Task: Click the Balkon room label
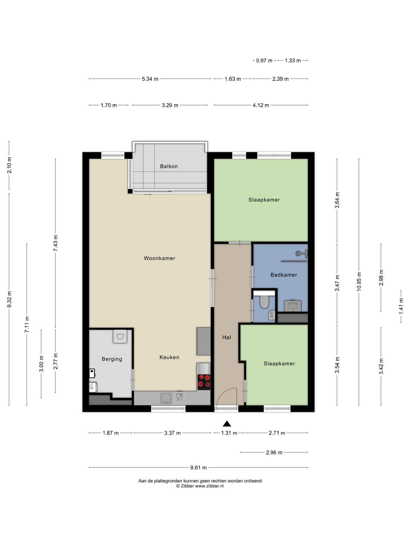[169, 166]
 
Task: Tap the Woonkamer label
[159, 258]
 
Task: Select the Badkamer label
[284, 275]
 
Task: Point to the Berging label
[112, 359]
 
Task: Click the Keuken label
[169, 357]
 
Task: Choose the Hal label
[227, 337]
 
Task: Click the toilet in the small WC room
[264, 301]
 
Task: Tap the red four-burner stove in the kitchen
[204, 382]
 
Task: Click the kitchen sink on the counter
[166, 398]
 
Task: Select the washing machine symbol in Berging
[120, 336]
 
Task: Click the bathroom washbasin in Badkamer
[293, 306]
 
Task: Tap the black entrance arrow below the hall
[227, 423]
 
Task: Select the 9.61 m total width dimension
[199, 468]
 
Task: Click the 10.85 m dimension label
[359, 282]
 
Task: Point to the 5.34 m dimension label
[150, 79]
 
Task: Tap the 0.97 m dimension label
[264, 60]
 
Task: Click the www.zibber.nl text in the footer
[209, 486]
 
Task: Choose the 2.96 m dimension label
[274, 452]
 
